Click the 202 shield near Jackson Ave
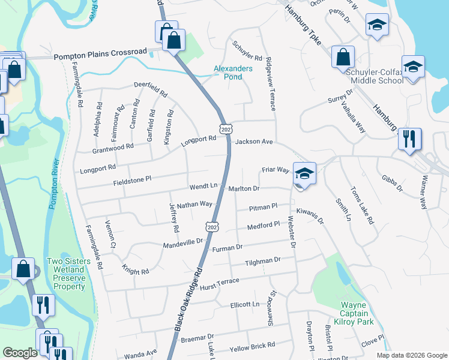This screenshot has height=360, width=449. (226, 130)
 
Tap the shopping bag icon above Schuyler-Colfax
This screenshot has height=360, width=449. (343, 58)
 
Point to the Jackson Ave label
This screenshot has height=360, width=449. (254, 142)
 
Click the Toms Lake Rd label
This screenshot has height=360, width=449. (363, 208)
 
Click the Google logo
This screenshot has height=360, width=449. (20, 353)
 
